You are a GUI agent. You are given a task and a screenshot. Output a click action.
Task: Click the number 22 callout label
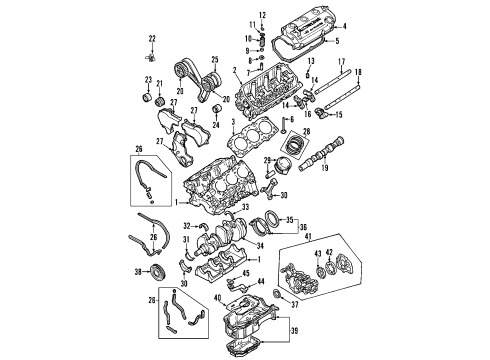[x=152, y=38]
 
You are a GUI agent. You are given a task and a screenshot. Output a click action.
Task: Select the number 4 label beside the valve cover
[x=345, y=25]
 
